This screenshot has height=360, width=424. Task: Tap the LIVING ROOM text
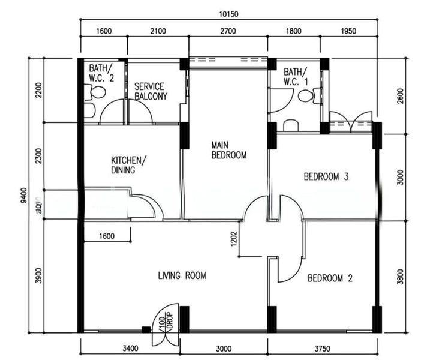[182, 276]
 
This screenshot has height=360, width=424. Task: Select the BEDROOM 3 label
[326, 176]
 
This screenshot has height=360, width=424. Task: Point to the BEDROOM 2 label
[329, 278]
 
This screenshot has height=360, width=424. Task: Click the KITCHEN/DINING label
[126, 165]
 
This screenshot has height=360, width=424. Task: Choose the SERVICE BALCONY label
[151, 91]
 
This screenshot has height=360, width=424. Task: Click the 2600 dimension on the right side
[401, 96]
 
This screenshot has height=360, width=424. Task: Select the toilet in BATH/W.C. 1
[307, 95]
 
